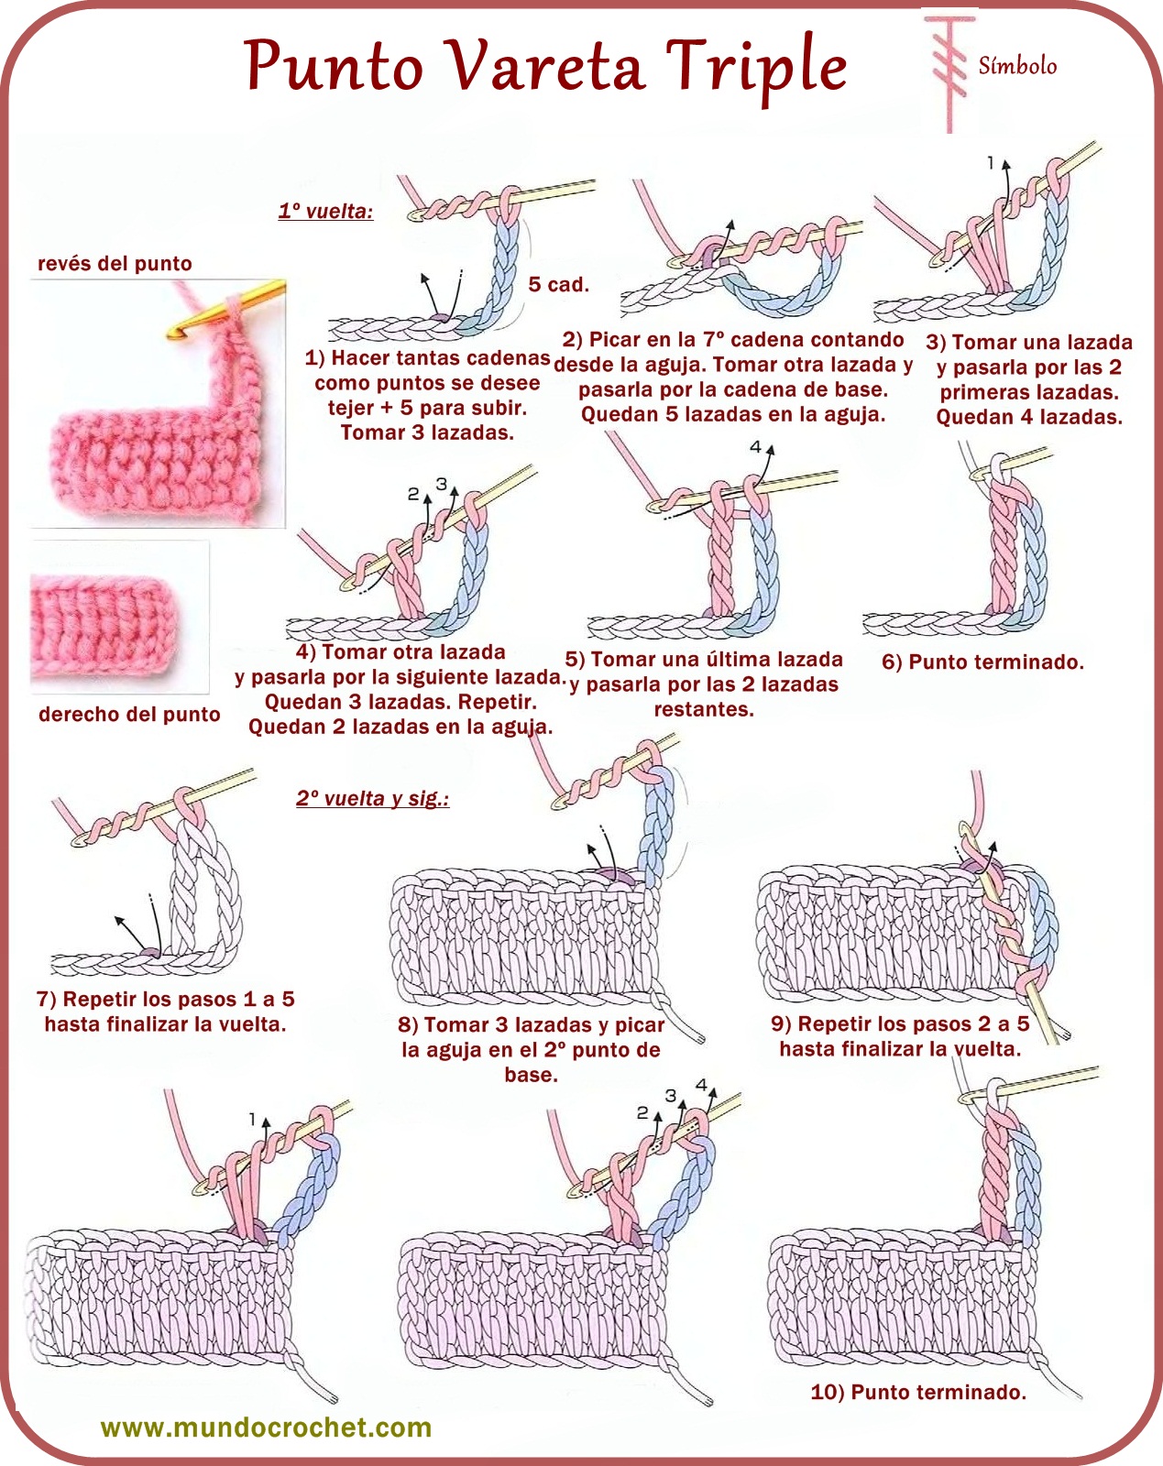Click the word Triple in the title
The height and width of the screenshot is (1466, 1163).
pos(755,66)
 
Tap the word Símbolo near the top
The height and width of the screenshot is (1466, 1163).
pos(1017,66)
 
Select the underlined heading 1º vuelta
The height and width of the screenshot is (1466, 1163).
pos(325,212)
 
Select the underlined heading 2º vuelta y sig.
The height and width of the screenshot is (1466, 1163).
pos(372,798)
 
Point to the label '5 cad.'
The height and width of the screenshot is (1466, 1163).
pos(558,285)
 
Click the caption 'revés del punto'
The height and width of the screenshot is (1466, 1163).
pos(115,264)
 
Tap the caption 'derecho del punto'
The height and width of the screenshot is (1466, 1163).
pos(129,715)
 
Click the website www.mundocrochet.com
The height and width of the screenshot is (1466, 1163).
pos(266,1428)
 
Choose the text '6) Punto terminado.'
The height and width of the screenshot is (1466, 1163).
pos(982,662)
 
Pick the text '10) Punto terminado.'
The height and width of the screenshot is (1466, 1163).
pos(918,1393)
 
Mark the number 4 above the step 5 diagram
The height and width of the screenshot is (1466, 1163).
pos(756,447)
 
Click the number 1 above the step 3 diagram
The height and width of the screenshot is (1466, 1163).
pos(990,163)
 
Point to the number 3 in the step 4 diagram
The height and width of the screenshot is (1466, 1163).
pos(442,484)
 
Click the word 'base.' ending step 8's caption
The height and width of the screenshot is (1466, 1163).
pos(531,1075)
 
